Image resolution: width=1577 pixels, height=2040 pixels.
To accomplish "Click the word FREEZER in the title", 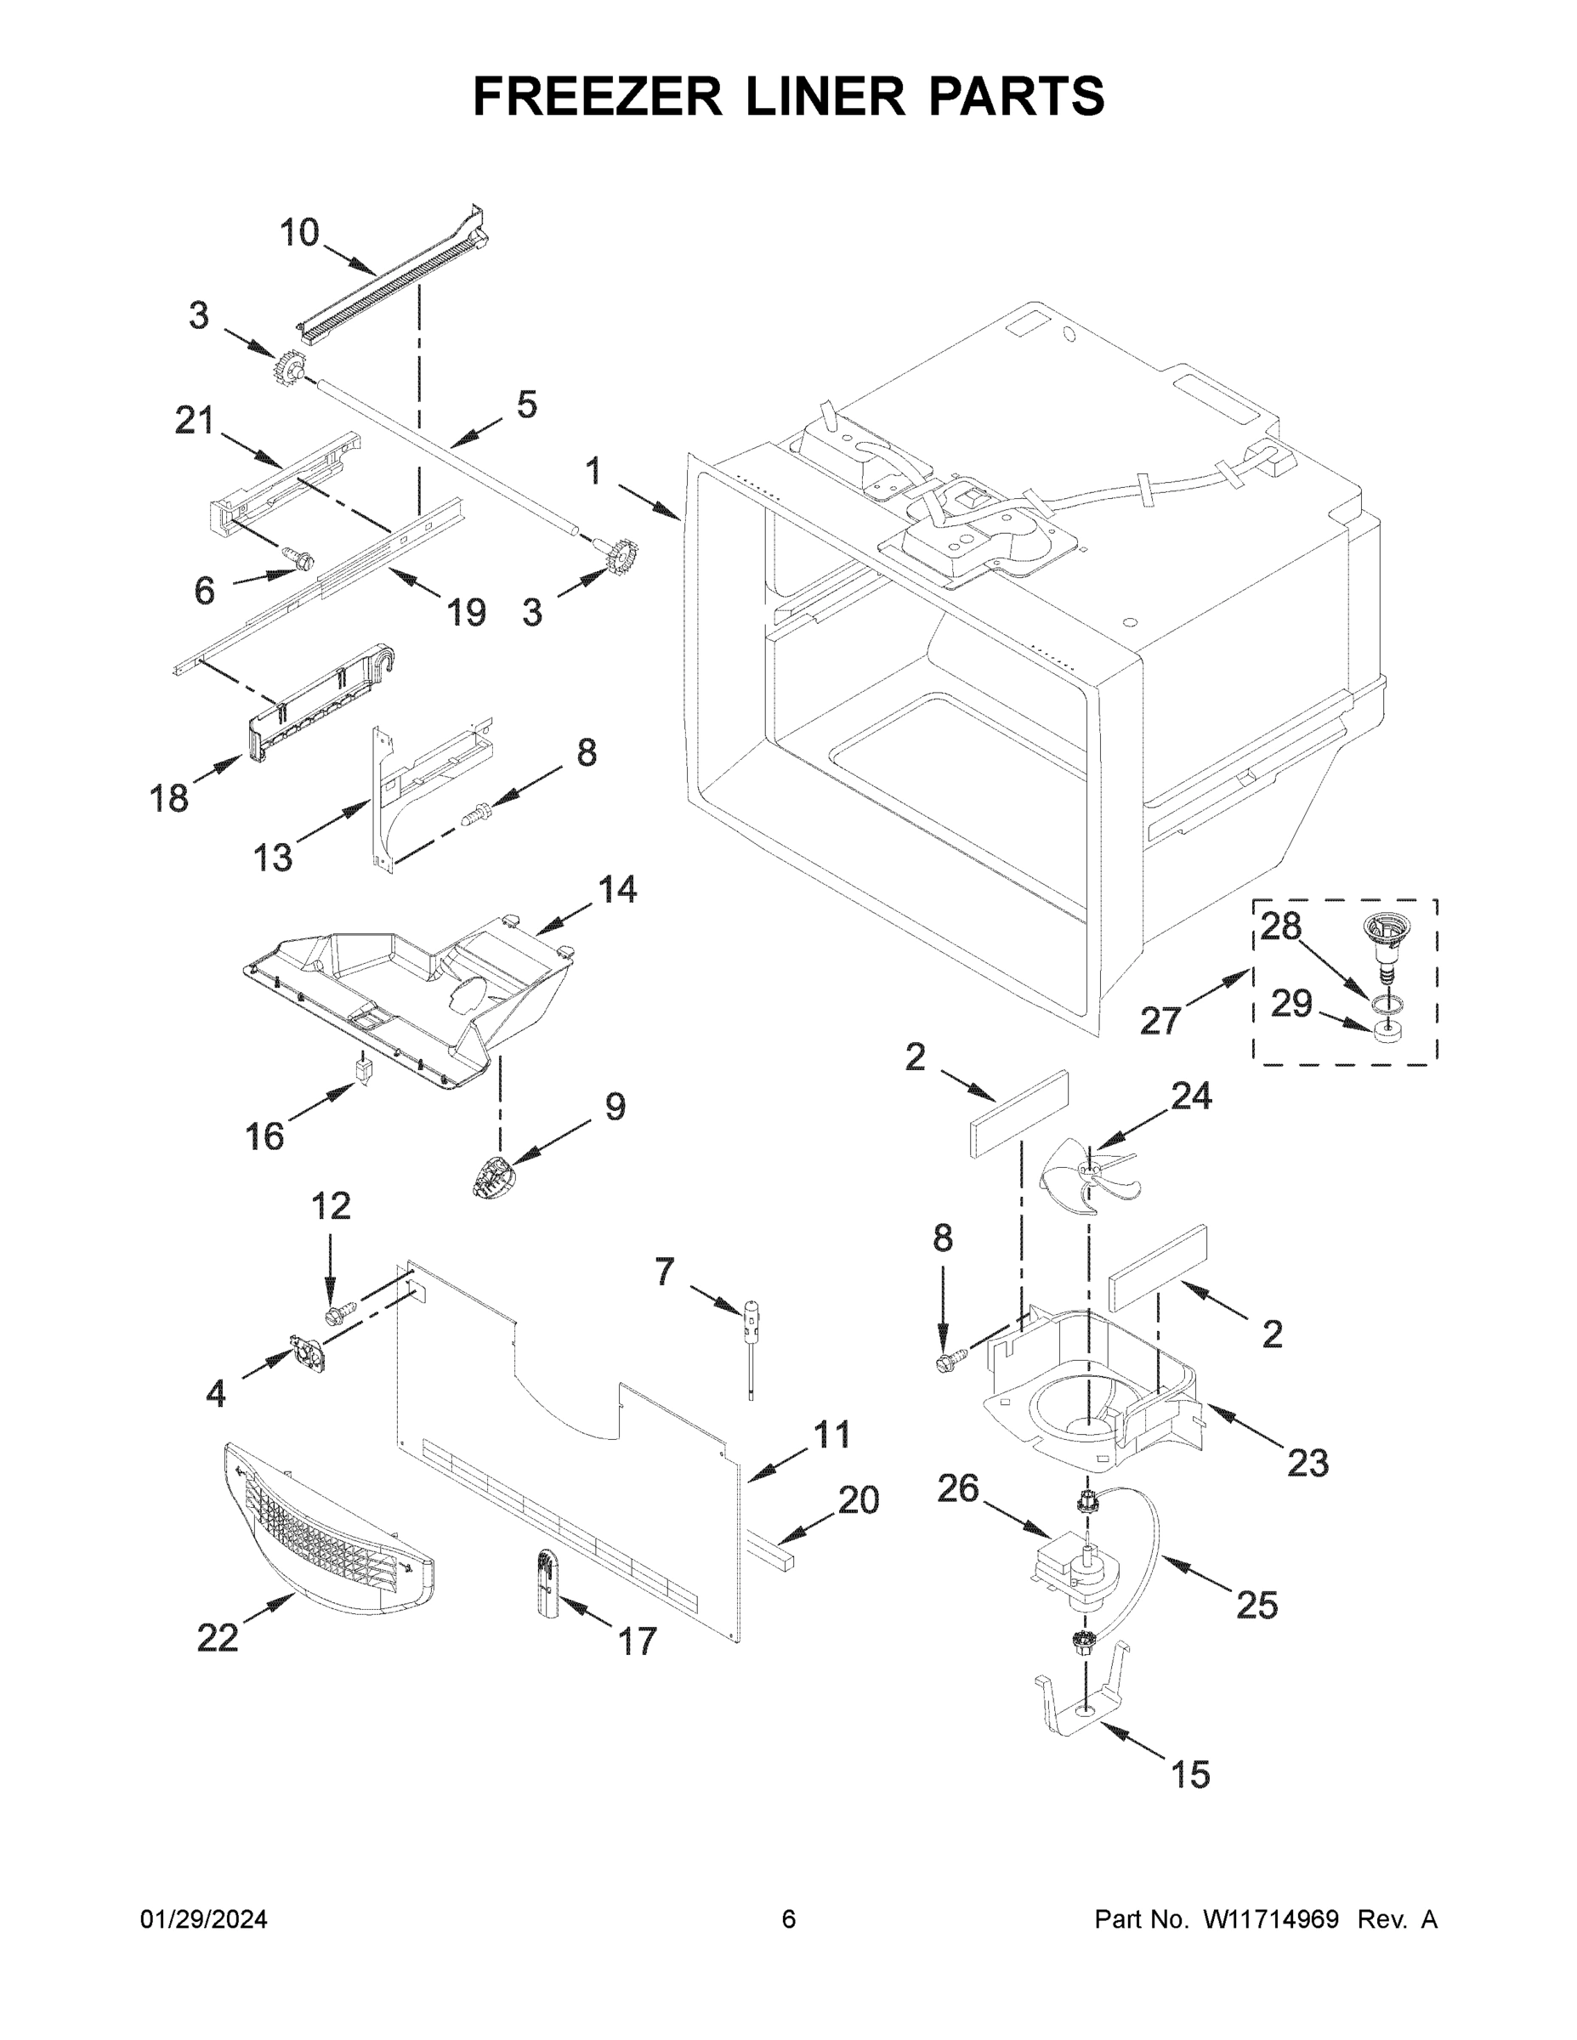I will (597, 96).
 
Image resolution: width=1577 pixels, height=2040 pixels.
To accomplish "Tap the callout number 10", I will (299, 233).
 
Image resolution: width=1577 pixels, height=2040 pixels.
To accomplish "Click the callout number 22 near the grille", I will (217, 1637).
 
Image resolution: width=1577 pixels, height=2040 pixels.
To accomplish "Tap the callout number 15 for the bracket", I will (1190, 1774).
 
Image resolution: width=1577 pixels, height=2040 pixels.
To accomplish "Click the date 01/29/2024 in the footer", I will (204, 1918).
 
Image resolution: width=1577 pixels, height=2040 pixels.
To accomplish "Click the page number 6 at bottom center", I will (789, 1918).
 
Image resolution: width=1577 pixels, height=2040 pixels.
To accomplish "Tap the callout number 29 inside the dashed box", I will (1291, 1004).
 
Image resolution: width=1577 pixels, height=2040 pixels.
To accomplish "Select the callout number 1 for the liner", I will (593, 472).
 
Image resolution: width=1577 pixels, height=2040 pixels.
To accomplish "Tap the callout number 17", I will (638, 1640).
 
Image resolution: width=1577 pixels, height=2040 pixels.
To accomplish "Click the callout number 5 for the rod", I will (527, 405).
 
